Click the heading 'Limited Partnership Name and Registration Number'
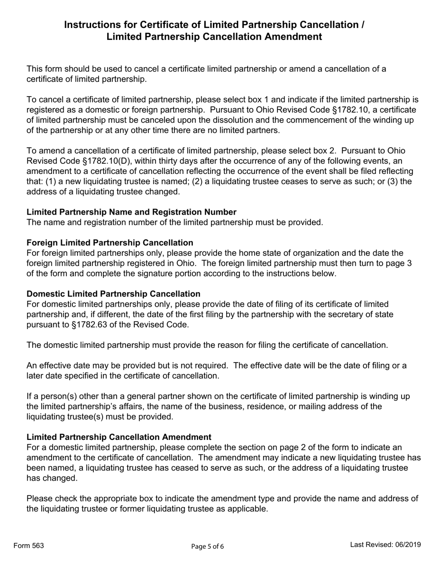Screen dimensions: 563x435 (131, 212)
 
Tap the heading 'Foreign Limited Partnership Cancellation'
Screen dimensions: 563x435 (110, 243)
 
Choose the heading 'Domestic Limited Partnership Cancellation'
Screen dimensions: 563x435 (113, 294)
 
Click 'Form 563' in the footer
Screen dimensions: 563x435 (29, 545)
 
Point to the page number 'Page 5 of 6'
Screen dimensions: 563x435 (207, 546)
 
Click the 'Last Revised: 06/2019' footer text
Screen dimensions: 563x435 (385, 545)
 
